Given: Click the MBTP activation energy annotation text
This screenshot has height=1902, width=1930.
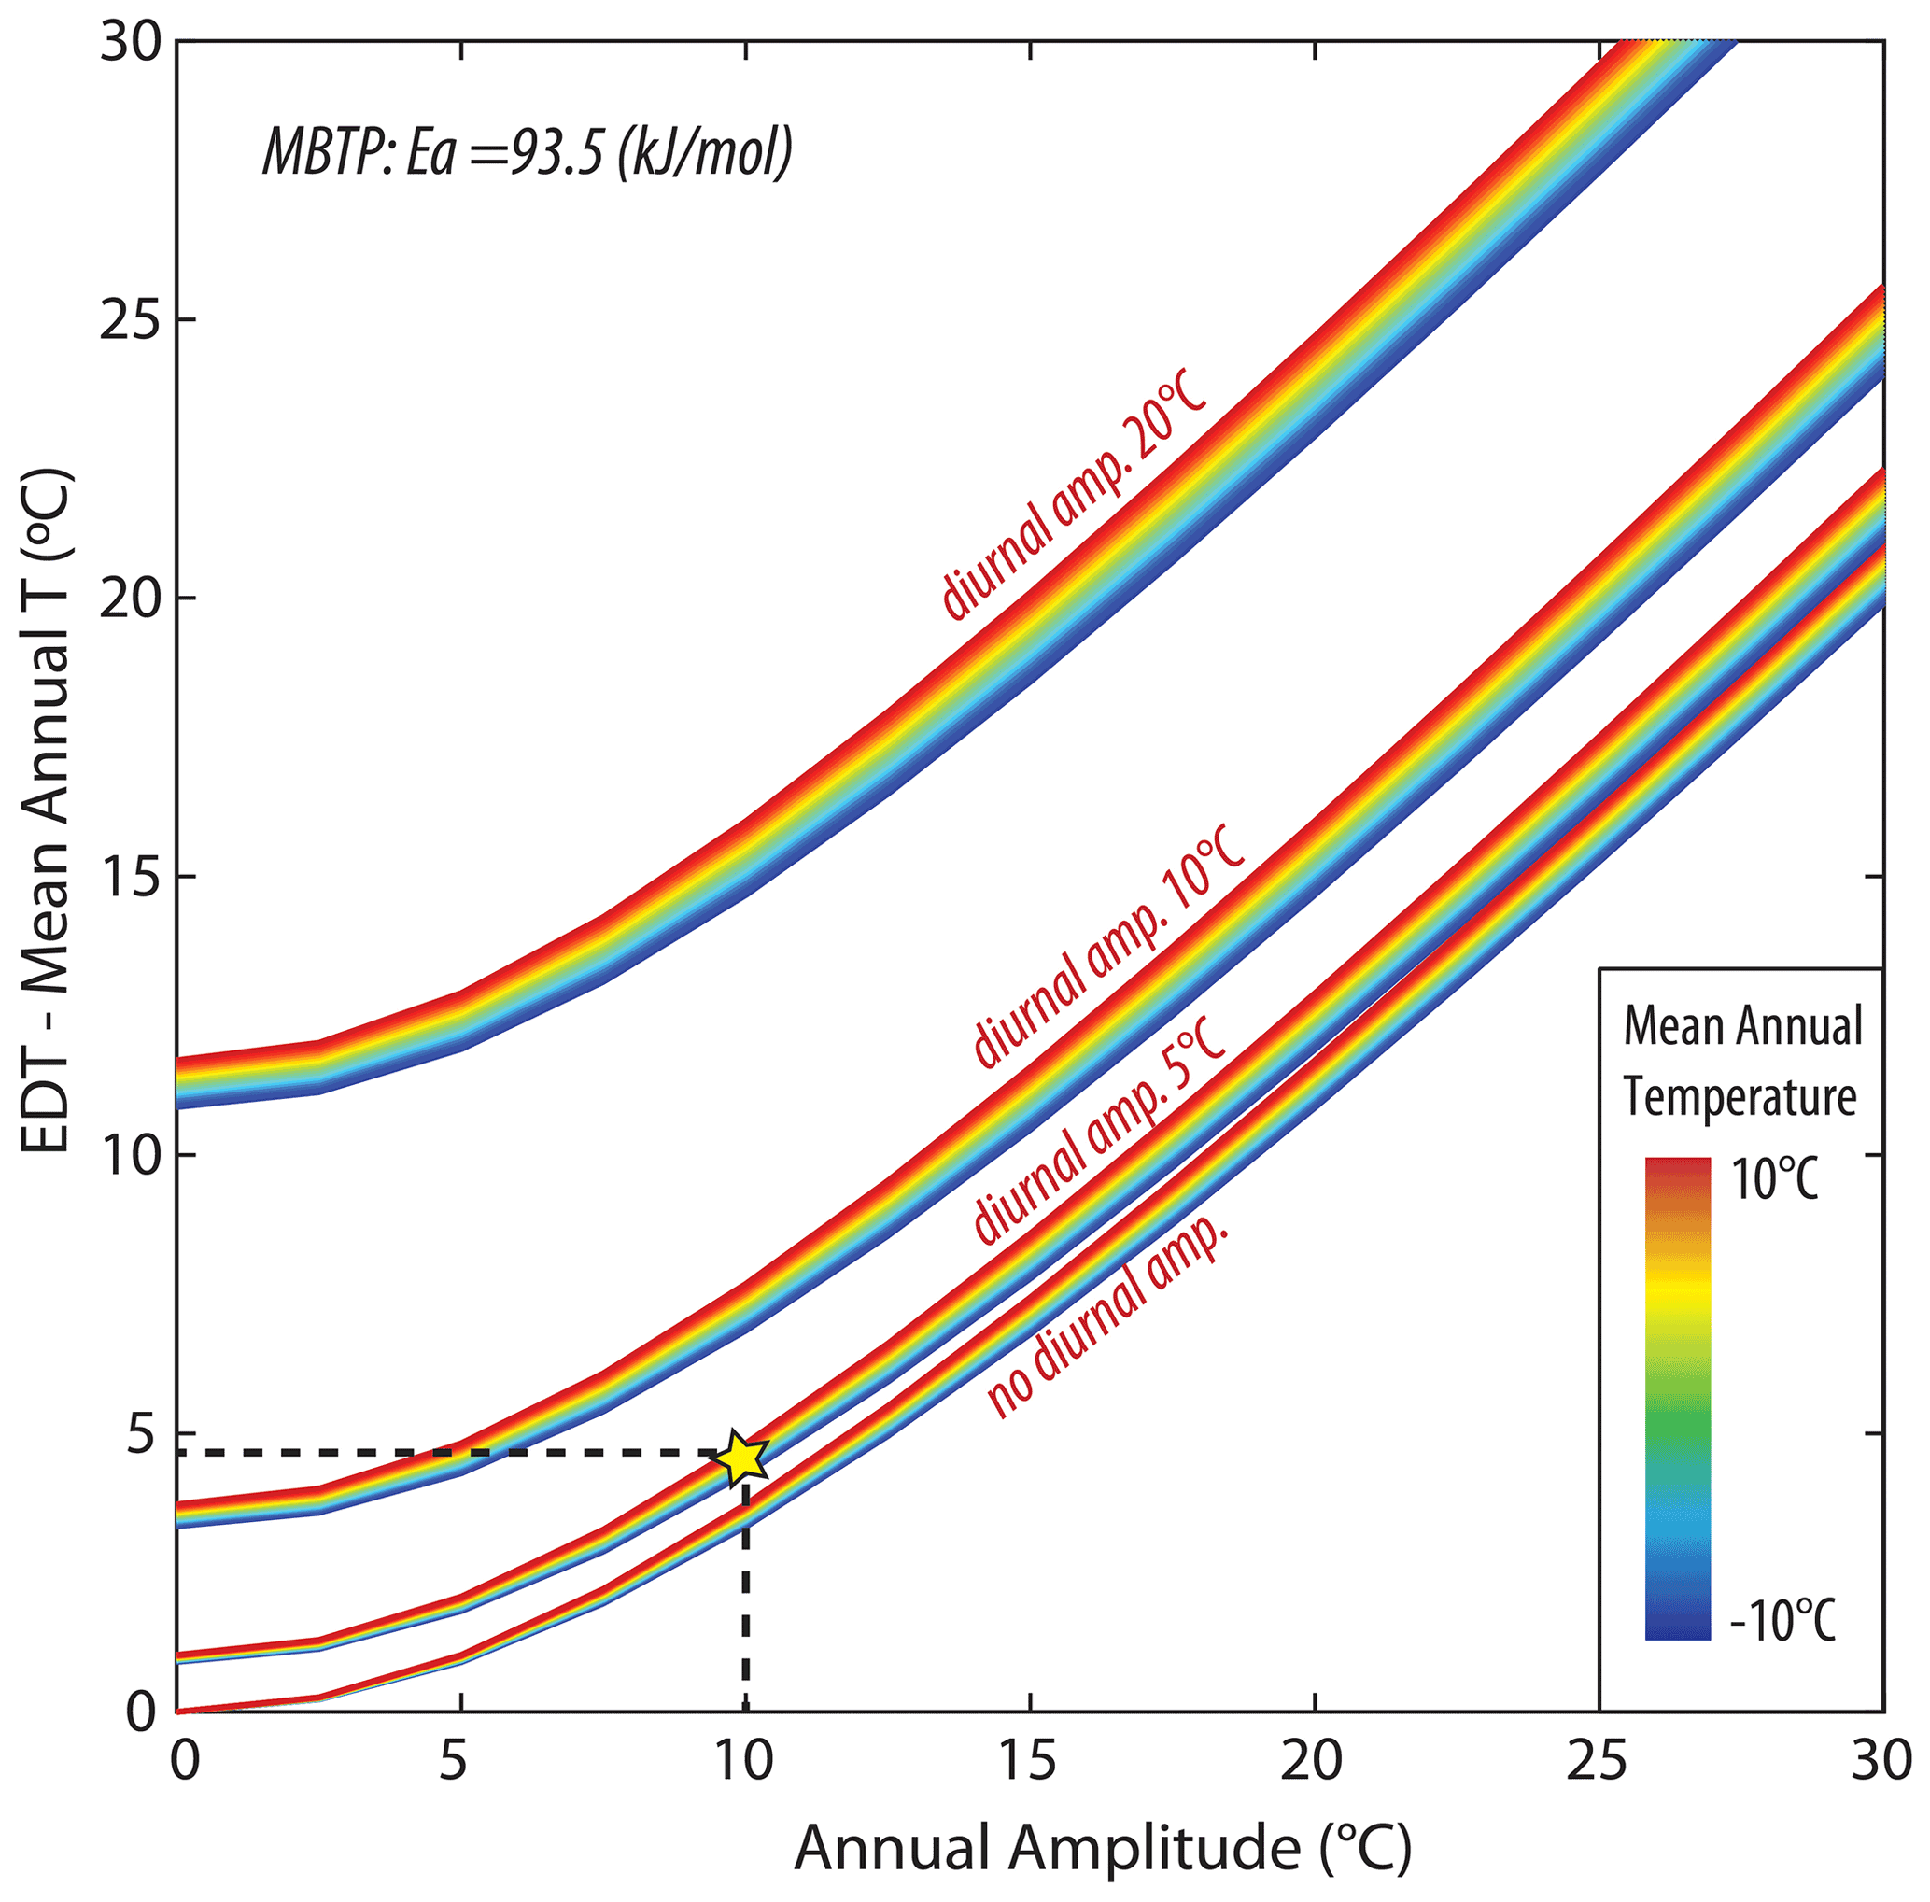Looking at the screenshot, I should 528,153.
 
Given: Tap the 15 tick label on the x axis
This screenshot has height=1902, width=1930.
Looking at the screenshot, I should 1029,1761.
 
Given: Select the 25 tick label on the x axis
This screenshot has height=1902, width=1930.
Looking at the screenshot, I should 1598,1761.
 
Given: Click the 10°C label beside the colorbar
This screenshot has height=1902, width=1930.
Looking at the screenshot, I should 1774,1182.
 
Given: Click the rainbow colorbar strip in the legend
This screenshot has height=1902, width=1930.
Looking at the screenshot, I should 1677,1399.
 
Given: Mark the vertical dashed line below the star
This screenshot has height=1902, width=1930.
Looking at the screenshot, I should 745,1599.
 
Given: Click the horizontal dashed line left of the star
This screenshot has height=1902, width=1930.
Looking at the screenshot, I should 449,1451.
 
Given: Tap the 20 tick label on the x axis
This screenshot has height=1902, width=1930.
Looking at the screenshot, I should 1313,1761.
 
